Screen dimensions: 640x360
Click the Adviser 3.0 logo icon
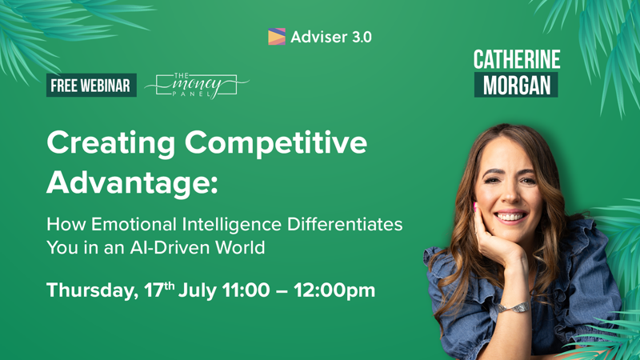pos(276,36)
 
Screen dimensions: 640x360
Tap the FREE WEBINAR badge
pos(91,86)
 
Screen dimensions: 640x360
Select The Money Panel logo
pos(197,86)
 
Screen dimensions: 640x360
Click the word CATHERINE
pos(516,60)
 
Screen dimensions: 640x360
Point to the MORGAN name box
pos(516,85)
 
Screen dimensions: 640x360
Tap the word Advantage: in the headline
pos(132,182)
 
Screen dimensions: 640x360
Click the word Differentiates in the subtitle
pos(345,224)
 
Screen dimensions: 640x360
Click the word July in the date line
pos(198,291)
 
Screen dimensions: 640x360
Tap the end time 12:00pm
pos(334,290)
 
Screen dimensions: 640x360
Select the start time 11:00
pos(246,290)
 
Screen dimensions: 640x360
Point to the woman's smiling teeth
pos(510,216)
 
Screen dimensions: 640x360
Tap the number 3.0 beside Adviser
pos(362,37)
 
